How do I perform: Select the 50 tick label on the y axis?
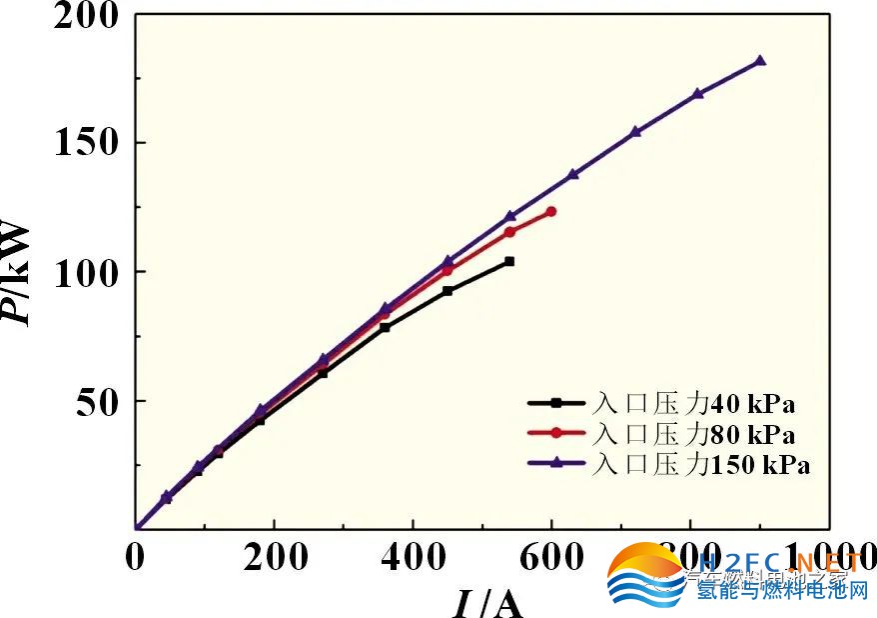coord(103,401)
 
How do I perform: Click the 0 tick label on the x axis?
coord(135,557)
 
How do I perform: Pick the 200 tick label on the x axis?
coord(273,557)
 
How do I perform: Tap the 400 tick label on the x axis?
coord(412,557)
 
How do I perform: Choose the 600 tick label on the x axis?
coord(550,557)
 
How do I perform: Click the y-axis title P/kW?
coord(22,272)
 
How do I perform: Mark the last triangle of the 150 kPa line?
coord(760,61)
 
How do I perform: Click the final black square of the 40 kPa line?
coord(509,261)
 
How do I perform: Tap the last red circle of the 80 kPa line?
coord(550,212)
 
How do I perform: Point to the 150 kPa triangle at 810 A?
coord(698,94)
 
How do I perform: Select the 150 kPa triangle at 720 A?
coord(635,132)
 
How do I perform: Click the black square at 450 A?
coord(447,291)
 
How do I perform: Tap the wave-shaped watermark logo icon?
coord(647,575)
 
